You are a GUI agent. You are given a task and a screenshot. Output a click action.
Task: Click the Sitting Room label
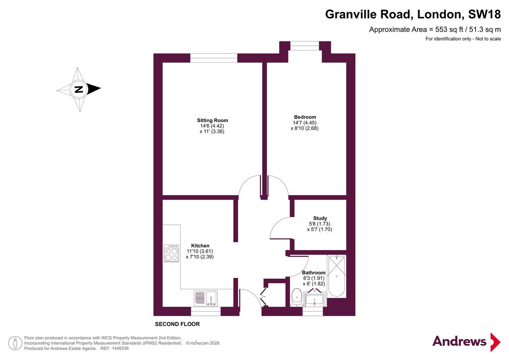click(x=212, y=120)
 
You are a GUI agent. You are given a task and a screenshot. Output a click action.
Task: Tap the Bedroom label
click(x=305, y=117)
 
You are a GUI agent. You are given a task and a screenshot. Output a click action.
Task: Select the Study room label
click(x=320, y=218)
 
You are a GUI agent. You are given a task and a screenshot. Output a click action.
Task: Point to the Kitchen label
click(x=200, y=246)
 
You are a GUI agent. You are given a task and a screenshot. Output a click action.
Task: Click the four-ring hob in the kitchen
click(x=171, y=253)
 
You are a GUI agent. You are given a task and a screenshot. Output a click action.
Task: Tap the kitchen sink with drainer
click(x=206, y=298)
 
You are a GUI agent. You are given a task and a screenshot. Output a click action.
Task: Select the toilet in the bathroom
click(x=297, y=297)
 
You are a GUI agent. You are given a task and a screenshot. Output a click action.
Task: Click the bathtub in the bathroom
click(x=336, y=276)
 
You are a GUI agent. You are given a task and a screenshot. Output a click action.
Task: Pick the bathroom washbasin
click(x=314, y=299)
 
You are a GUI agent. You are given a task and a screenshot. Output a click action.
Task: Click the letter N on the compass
click(x=79, y=89)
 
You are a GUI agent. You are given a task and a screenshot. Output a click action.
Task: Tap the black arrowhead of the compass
click(x=94, y=89)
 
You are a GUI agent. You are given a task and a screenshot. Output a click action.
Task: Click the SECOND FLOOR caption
click(x=177, y=324)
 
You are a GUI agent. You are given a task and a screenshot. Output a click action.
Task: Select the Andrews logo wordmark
click(x=459, y=341)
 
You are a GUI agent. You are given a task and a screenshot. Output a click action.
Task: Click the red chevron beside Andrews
click(x=495, y=342)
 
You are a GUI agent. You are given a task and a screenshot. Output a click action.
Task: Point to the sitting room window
click(x=214, y=58)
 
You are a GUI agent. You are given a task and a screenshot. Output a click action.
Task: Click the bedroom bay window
click(x=305, y=46)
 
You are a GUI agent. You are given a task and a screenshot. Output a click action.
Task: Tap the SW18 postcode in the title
click(x=484, y=14)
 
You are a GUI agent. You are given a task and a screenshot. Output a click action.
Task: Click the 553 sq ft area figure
click(x=449, y=30)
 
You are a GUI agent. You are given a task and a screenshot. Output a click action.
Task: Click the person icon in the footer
click(x=15, y=343)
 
